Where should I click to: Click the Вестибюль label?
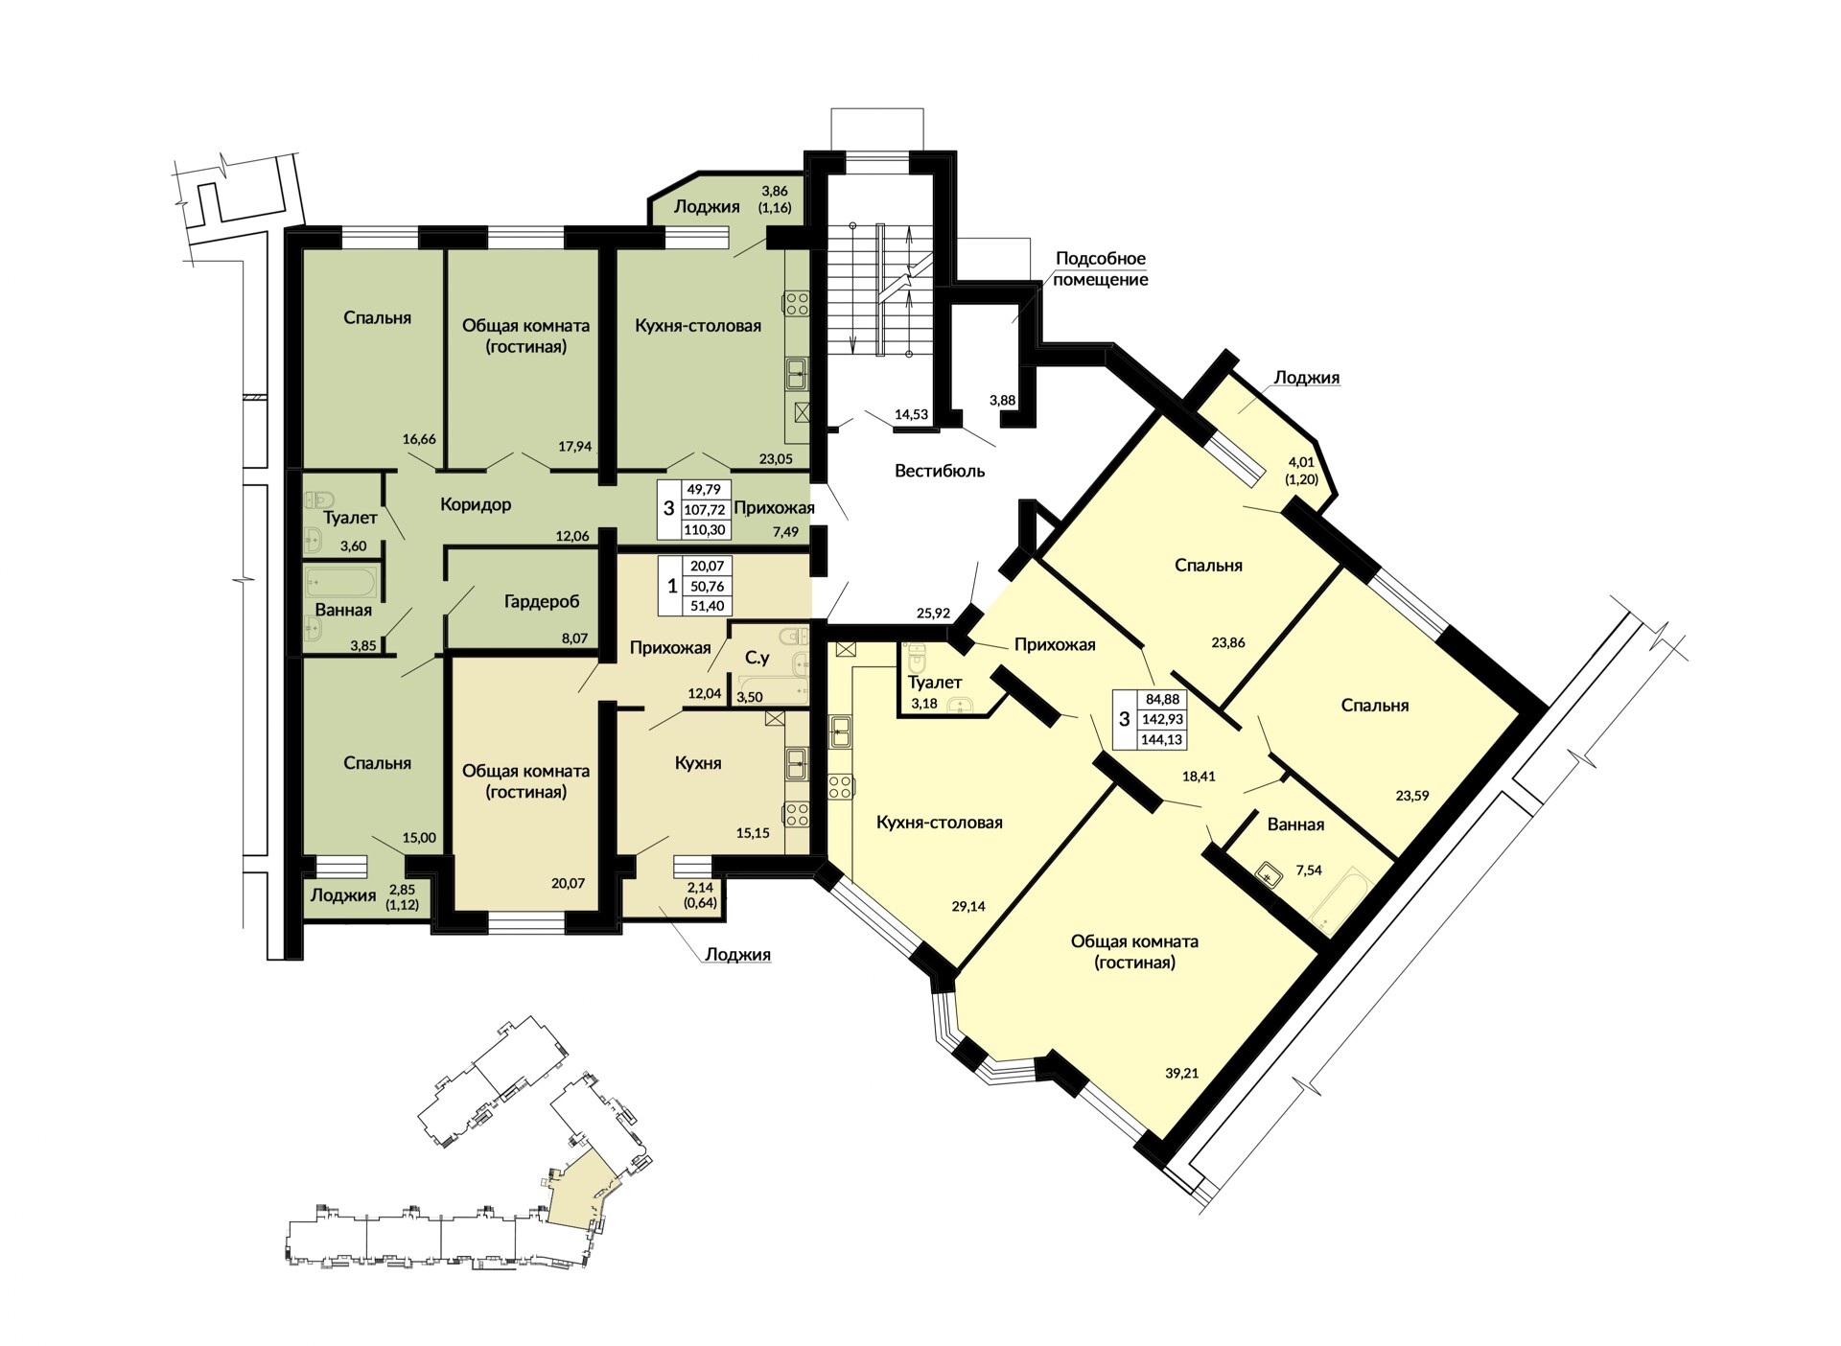(x=940, y=471)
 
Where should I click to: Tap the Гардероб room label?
(x=542, y=602)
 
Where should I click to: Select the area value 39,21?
(x=1182, y=1074)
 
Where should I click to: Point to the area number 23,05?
(x=776, y=459)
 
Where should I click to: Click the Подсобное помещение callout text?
(x=1101, y=269)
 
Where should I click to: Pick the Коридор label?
(x=476, y=504)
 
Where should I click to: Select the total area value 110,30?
(x=706, y=529)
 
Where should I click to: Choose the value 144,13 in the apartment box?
(x=1162, y=739)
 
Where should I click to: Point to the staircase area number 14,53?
(x=911, y=414)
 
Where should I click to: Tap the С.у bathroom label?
(x=757, y=659)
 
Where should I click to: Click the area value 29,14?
(x=968, y=906)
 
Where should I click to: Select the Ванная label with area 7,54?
(x=1295, y=824)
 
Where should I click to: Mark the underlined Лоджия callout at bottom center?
(x=737, y=955)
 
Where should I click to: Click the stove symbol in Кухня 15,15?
(x=796, y=815)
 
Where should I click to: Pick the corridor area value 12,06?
(x=572, y=536)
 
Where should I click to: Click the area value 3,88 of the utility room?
(x=1002, y=400)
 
